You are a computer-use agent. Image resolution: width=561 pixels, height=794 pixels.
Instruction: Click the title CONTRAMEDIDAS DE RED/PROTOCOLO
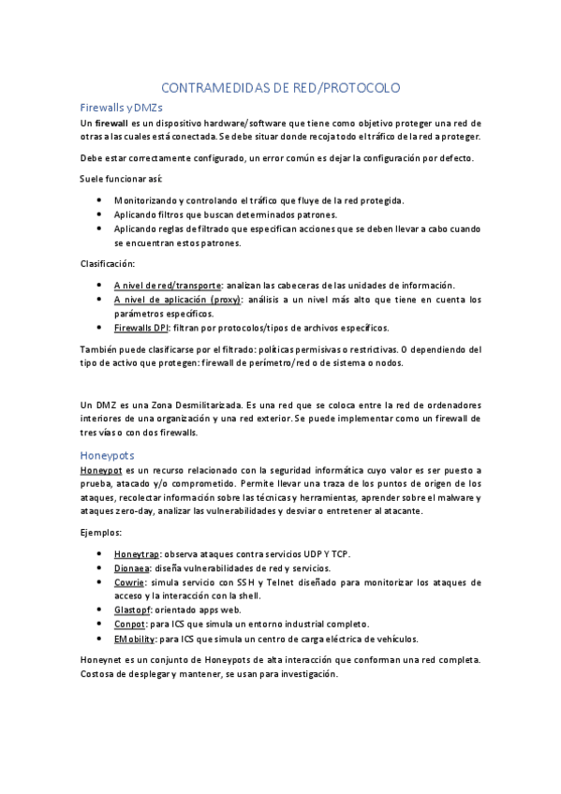coord(280,87)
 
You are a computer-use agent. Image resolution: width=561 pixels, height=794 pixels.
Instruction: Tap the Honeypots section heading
coord(109,455)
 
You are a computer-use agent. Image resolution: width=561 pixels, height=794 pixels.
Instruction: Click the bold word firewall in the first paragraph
coord(112,124)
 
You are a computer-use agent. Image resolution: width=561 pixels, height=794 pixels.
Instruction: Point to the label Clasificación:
coord(108,263)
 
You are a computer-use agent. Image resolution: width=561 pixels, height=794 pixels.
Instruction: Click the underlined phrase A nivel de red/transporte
coord(168,285)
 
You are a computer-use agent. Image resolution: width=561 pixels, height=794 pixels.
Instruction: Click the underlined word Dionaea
coord(133,568)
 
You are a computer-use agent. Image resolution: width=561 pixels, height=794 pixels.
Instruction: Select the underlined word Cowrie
coord(129,582)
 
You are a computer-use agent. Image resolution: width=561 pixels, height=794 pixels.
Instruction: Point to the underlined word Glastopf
coord(133,610)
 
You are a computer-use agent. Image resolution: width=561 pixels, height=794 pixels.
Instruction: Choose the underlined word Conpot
coord(130,624)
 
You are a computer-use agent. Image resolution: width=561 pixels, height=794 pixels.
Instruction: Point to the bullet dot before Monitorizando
coord(99,200)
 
